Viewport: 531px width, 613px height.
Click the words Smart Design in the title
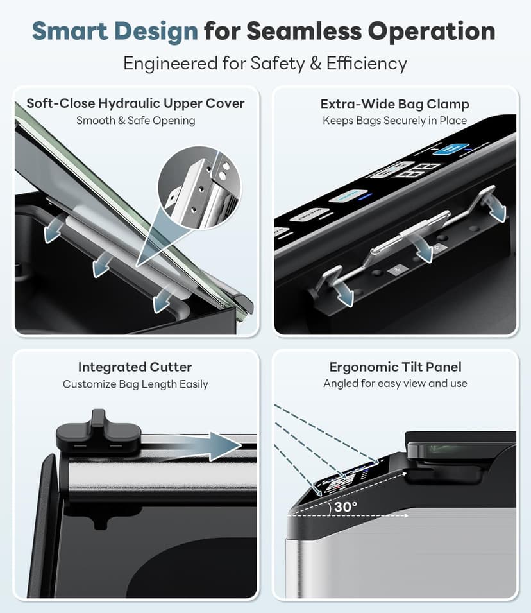115,31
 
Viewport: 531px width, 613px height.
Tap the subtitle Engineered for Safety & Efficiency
265,64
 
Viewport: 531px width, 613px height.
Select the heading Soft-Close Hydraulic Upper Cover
135,103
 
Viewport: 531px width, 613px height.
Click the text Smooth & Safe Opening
135,121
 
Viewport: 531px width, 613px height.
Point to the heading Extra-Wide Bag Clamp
394,104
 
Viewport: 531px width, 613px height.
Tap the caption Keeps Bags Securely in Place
394,121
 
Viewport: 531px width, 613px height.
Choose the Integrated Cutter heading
135,367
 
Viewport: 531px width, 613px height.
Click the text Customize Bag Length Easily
135,384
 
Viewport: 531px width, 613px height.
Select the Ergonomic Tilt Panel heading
395,367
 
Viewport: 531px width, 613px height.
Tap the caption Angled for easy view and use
395,383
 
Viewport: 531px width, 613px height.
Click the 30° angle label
346,506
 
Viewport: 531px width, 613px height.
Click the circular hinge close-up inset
199,188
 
